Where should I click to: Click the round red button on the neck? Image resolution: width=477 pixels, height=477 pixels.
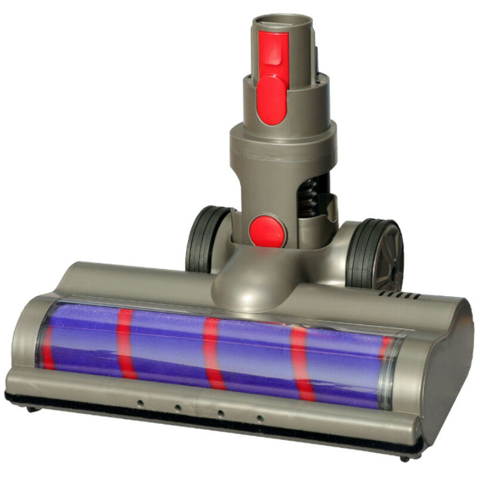[267, 231]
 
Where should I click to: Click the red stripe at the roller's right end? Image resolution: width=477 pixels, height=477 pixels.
[385, 348]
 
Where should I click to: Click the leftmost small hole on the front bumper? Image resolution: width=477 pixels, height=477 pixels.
[140, 403]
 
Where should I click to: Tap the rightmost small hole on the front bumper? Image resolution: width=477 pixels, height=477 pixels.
[259, 419]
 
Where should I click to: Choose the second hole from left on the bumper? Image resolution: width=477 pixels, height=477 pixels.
[177, 408]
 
